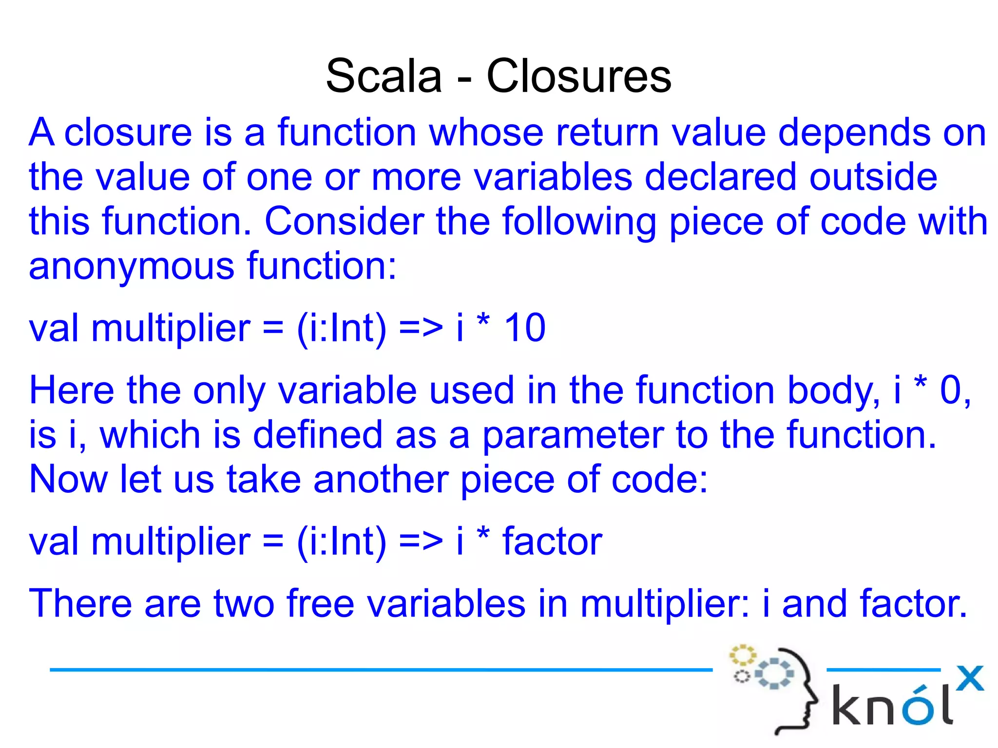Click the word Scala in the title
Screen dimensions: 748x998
point(384,76)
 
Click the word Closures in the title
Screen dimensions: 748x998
point(579,76)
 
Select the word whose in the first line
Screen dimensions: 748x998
point(486,132)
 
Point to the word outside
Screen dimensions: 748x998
point(873,177)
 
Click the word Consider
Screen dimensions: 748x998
point(344,222)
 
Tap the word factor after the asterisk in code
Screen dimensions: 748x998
point(552,541)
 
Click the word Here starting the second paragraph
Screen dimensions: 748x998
point(72,391)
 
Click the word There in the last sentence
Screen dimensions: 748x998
point(80,603)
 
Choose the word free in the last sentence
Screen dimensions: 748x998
point(320,603)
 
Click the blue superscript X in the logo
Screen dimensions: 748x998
point(969,678)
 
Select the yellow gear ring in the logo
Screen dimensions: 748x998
point(742,655)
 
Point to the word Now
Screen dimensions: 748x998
point(68,480)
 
